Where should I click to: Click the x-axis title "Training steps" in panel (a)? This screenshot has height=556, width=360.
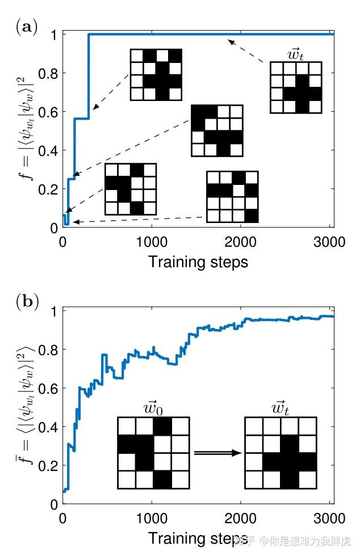point(198,262)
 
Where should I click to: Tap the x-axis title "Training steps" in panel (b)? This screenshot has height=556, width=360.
point(198,537)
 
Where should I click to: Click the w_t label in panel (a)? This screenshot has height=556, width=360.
point(296,54)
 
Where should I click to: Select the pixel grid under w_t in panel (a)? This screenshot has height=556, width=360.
point(296,87)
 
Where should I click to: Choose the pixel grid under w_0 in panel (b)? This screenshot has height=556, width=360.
point(153,453)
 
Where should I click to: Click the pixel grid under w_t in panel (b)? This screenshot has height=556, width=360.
point(280,453)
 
